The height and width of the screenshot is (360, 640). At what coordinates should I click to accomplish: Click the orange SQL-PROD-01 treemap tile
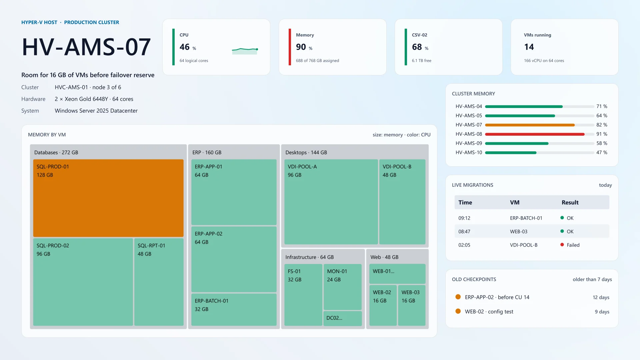click(x=108, y=198)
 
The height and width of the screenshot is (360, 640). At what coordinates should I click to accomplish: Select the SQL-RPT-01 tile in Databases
click(x=159, y=282)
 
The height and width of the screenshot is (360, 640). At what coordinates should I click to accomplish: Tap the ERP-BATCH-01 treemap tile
click(x=234, y=310)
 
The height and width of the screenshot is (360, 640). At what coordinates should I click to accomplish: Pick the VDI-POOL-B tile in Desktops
click(x=402, y=202)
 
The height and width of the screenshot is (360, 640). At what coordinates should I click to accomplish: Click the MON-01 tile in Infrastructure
click(x=343, y=287)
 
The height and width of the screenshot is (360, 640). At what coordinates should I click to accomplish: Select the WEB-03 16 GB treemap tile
click(x=412, y=305)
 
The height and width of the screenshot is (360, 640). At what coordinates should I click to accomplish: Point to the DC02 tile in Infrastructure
click(x=343, y=318)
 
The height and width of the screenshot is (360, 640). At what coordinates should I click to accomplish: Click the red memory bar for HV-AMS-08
click(x=535, y=134)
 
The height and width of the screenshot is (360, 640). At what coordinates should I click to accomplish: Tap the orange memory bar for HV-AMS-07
click(x=530, y=125)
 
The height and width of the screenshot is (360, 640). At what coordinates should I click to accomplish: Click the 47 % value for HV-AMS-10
click(x=602, y=153)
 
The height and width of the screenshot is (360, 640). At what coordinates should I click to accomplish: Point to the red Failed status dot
click(x=562, y=245)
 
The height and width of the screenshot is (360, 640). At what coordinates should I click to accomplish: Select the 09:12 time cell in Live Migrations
click(x=464, y=218)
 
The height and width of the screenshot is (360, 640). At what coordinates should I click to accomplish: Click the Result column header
click(x=570, y=202)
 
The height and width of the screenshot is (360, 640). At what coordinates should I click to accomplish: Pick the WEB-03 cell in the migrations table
click(x=519, y=232)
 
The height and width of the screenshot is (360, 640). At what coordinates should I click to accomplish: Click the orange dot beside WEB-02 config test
click(x=458, y=311)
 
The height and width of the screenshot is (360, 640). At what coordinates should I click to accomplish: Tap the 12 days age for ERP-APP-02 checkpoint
click(x=601, y=297)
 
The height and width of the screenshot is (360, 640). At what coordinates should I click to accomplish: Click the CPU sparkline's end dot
click(x=257, y=49)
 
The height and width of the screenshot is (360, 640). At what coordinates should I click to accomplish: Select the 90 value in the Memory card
click(x=301, y=47)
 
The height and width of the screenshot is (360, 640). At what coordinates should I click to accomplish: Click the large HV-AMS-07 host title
click(x=86, y=47)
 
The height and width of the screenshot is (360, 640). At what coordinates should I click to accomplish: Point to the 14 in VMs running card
click(x=529, y=47)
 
